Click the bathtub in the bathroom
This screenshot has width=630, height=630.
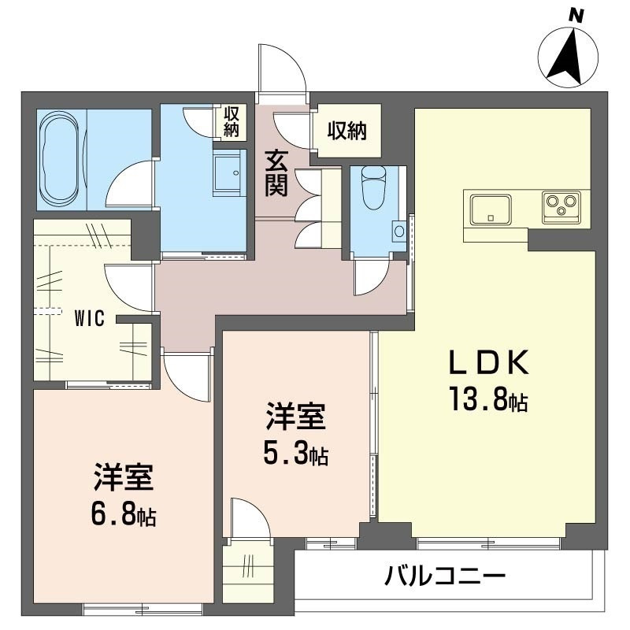(61, 160)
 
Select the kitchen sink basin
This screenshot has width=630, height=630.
(491, 209)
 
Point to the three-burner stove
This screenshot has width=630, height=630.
(561, 207)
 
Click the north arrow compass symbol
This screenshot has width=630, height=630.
(568, 57)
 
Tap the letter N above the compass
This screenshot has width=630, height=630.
(576, 17)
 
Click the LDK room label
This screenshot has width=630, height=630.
(488, 362)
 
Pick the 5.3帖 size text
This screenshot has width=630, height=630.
(295, 453)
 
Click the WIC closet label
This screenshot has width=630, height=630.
(90, 318)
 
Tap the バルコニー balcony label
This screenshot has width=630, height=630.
(444, 576)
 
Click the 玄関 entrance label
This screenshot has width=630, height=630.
(276, 172)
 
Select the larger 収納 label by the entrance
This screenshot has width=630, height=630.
(347, 131)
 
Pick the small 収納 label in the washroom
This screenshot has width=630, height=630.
(232, 122)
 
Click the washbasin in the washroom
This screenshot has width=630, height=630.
(228, 172)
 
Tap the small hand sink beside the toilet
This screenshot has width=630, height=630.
(399, 231)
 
